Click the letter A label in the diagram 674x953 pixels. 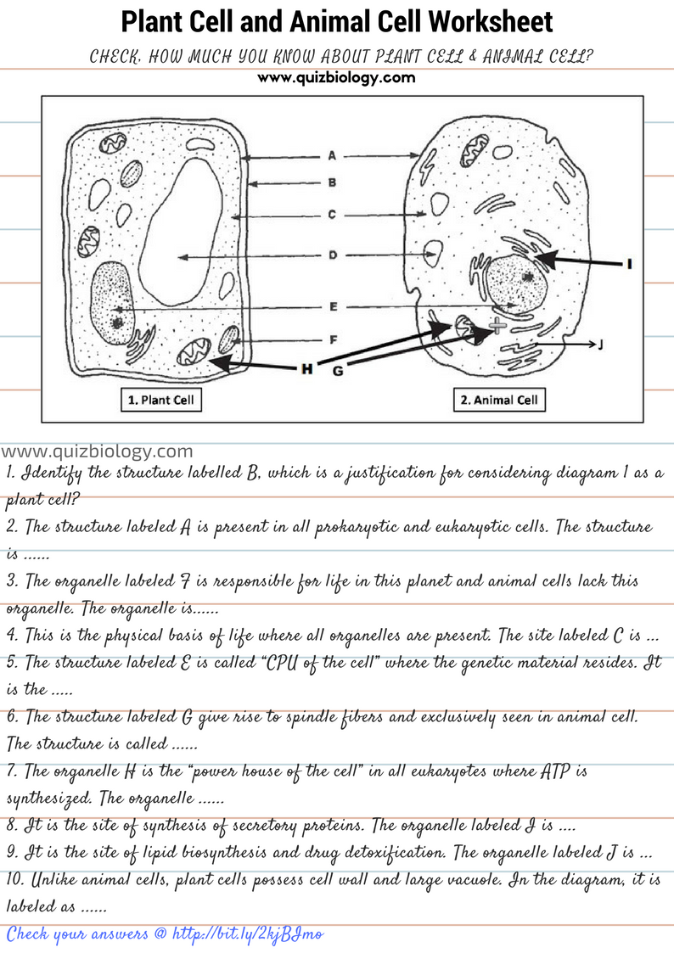[332, 156]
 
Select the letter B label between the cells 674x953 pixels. [332, 182]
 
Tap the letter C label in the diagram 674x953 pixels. [332, 215]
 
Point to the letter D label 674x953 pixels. [332, 255]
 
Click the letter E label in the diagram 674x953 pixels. [332, 306]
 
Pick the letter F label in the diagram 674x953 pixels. [332, 339]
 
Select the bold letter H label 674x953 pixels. [306, 368]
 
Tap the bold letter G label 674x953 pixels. [337, 371]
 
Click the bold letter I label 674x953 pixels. [629, 264]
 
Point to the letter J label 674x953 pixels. [600, 345]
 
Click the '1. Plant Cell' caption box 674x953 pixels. [160, 400]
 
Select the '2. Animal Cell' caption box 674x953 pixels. [498, 400]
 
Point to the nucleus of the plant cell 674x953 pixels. [111, 301]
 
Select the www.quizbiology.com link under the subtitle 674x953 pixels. [336, 78]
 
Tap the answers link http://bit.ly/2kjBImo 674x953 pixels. [246, 934]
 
